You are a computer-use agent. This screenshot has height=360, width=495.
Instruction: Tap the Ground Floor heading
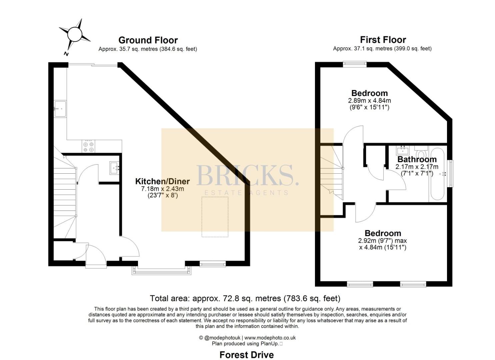[x=148, y=40]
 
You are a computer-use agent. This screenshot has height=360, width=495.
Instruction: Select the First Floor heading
[x=383, y=40]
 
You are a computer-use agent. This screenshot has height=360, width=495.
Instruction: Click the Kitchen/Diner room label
[x=162, y=181]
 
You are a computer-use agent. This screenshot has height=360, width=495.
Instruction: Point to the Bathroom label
[x=417, y=159]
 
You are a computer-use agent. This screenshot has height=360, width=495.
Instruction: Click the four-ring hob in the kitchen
[x=89, y=146]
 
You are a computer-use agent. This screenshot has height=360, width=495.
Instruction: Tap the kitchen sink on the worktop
[x=60, y=109]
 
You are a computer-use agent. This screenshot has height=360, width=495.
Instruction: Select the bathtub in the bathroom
[x=437, y=174]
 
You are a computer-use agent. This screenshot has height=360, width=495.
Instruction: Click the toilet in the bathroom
[x=421, y=151]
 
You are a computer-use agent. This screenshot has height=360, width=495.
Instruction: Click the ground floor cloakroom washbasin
[x=114, y=168]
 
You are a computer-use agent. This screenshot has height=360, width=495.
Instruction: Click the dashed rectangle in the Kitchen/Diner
[x=215, y=217]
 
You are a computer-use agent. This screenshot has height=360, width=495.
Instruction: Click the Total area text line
[x=245, y=298]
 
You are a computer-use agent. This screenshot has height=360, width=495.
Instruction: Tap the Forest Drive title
[x=247, y=349]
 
